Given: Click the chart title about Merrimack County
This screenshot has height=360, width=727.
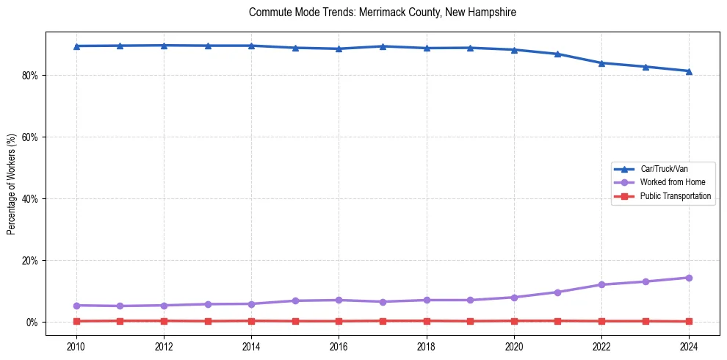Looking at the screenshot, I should pyautogui.click(x=383, y=12).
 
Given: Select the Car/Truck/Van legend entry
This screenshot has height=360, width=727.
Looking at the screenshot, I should pyautogui.click(x=664, y=169).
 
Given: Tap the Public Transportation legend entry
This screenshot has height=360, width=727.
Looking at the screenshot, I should pyautogui.click(x=676, y=196).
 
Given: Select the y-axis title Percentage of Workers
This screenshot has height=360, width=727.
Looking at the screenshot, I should pyautogui.click(x=12, y=183).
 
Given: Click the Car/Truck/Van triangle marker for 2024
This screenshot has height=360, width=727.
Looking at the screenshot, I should pyautogui.click(x=689, y=71).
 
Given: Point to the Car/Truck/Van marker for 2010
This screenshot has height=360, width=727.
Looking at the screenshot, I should pyautogui.click(x=76, y=46).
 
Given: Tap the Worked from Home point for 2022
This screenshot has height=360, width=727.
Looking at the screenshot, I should pyautogui.click(x=601, y=284).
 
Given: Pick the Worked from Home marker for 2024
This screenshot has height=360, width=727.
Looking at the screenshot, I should pyautogui.click(x=689, y=278).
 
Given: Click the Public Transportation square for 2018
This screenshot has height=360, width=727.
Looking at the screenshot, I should pyautogui.click(x=427, y=320).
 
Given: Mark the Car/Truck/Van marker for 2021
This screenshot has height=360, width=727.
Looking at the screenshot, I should pyautogui.click(x=558, y=54).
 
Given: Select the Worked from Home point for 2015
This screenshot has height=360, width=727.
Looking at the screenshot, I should pyautogui.click(x=295, y=300).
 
